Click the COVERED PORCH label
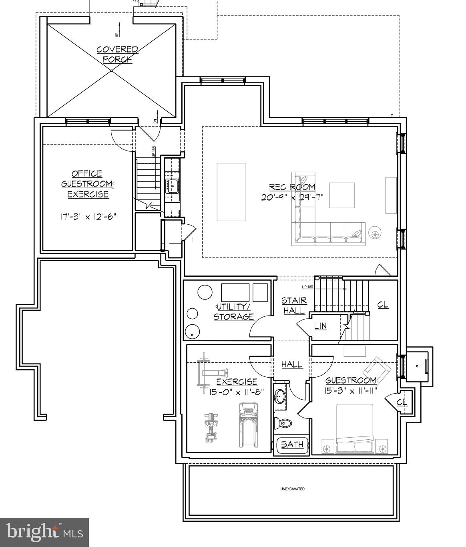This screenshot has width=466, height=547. point(117,54)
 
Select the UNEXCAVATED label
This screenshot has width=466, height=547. point(292,489)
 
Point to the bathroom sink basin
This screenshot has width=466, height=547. point(280,397)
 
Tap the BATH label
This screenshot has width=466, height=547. point(292,444)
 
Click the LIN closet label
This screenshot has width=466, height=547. point(320,326)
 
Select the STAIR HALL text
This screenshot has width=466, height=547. point(294,305)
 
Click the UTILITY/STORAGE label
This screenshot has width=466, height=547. point(234,312)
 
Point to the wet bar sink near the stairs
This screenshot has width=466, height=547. point(173,186)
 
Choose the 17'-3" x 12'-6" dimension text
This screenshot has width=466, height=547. point(88,217)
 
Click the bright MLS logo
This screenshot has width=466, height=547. point(44,532)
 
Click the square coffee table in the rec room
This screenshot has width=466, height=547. point(342,195)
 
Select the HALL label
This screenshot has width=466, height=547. point(292,364)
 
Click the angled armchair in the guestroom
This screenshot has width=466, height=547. point(377,367)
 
